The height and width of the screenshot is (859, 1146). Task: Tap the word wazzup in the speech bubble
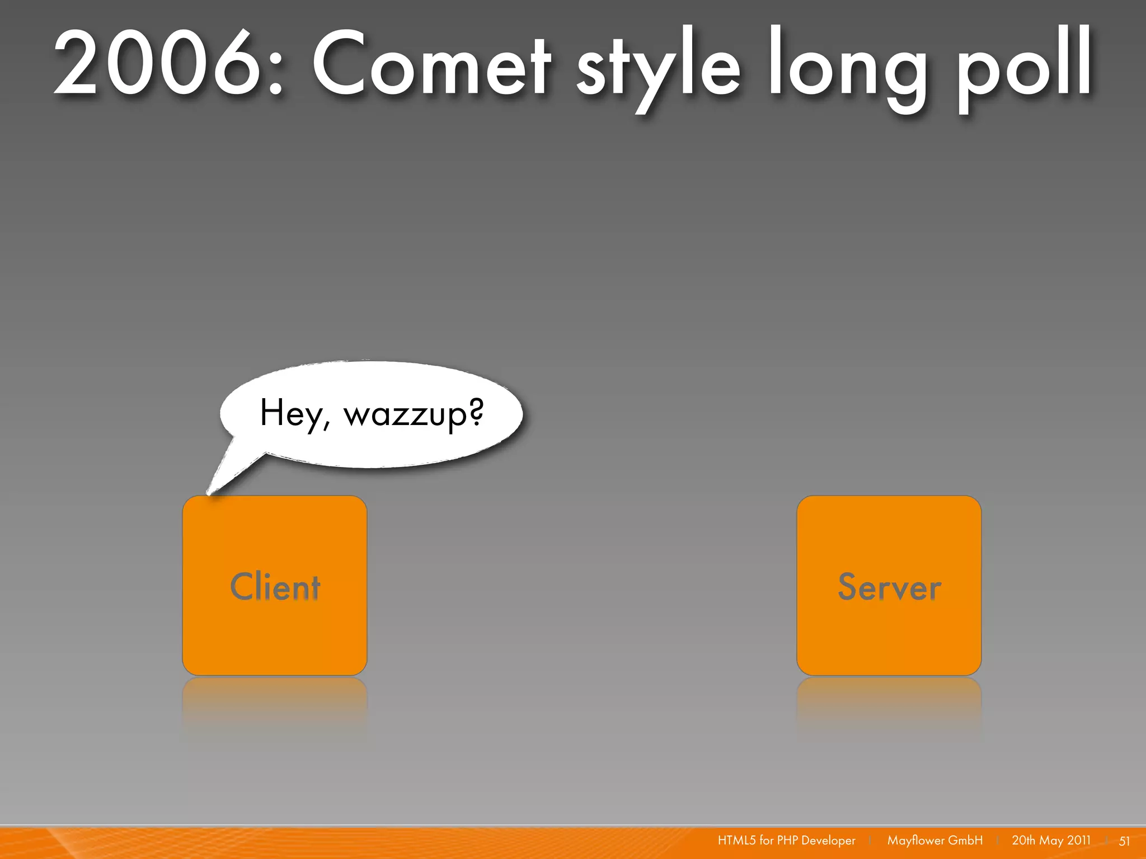[406, 415]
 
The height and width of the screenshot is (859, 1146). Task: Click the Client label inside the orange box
[275, 587]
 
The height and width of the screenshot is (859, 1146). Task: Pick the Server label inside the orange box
[889, 587]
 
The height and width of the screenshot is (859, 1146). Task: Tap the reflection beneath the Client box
[275, 705]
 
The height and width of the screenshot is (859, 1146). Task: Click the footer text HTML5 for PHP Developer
[786, 841]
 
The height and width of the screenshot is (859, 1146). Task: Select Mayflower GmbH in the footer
[934, 841]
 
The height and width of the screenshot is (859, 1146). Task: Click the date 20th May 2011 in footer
[1051, 841]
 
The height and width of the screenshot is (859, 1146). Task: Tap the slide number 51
[1124, 841]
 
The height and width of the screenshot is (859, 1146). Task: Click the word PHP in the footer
[787, 841]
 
